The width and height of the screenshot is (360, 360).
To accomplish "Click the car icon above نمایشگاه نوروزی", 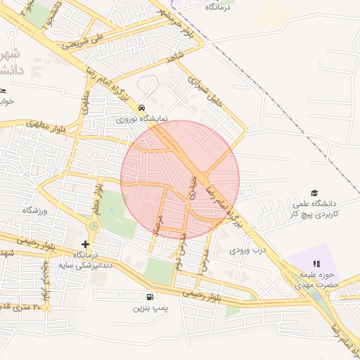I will tap(143, 108).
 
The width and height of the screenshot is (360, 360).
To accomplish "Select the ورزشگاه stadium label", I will tap(34, 210).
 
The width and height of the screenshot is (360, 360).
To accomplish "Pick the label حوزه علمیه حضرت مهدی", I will tap(323, 281).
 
